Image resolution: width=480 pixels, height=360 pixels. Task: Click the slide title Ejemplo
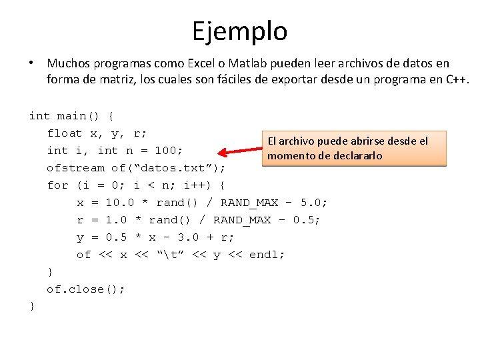pyautogui.click(x=240, y=31)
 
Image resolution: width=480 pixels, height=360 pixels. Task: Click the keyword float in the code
pyautogui.click(x=65, y=133)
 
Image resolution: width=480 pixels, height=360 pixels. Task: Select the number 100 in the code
pyautogui.click(x=169, y=150)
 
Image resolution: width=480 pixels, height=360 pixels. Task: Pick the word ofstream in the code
pyautogui.click(x=75, y=168)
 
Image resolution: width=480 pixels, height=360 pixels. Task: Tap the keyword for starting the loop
pyautogui.click(x=57, y=185)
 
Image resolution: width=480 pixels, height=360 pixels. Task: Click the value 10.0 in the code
pyautogui.click(x=120, y=203)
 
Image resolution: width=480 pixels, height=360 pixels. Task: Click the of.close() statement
pyautogui.click(x=85, y=289)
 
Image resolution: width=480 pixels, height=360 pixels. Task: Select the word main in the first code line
pyautogui.click(x=72, y=116)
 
